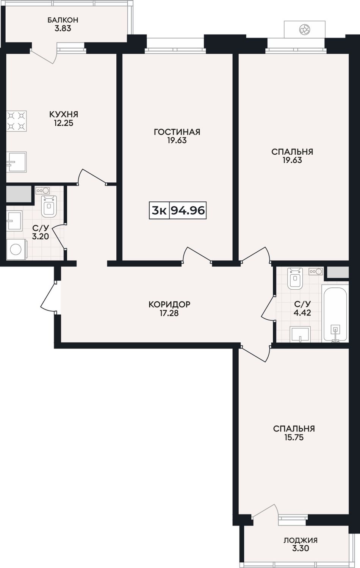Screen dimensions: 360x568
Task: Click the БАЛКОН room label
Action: click(63, 20)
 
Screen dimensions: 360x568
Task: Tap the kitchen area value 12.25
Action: click(64, 123)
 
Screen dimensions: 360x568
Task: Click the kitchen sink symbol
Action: click(16, 162)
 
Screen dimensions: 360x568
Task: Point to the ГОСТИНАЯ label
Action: click(177, 132)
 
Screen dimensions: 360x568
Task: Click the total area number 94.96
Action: click(188, 210)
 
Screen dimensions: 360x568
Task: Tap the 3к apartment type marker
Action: click(159, 210)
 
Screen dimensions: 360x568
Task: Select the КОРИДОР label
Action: click(169, 304)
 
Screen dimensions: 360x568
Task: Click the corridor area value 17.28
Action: click(169, 313)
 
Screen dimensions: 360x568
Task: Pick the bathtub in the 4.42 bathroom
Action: click(335, 314)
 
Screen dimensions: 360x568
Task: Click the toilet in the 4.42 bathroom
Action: click(295, 278)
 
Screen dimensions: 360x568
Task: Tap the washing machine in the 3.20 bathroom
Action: click(16, 249)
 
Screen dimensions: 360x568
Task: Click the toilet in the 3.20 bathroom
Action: click(49, 206)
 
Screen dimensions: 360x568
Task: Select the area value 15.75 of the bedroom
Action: click(294, 438)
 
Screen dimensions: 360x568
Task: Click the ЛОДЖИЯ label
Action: click(301, 540)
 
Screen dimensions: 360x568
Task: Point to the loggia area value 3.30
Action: click(301, 549)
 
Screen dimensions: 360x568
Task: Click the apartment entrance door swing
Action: click(49, 296)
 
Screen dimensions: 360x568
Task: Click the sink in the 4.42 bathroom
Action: click(300, 334)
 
